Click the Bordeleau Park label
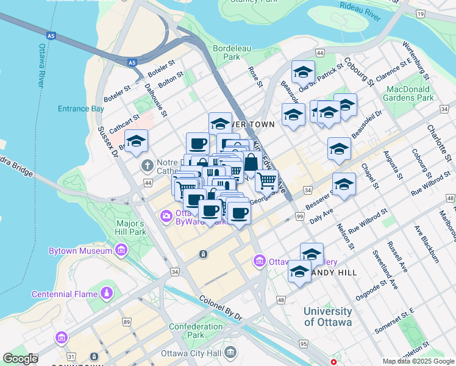227,52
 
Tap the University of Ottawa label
327,317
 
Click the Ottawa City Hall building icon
230,351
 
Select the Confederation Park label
195,331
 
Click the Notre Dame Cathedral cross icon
147,166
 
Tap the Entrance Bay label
81,109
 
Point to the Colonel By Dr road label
220,309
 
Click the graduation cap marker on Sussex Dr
136,142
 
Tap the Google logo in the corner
21,359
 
